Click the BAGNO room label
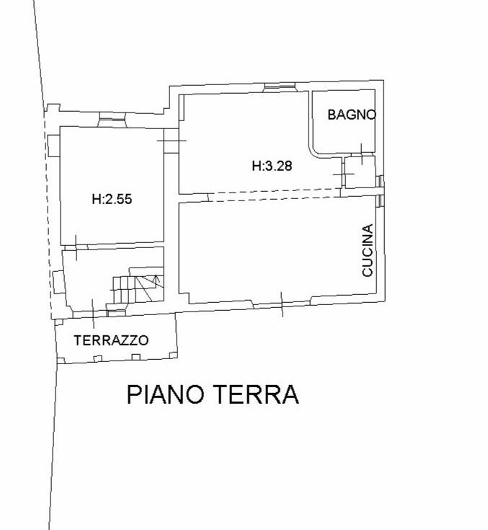[352, 115]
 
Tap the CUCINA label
[368, 250]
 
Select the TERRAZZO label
[111, 340]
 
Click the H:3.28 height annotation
[272, 166]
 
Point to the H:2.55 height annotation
[112, 199]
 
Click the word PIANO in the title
[166, 394]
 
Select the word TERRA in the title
[257, 394]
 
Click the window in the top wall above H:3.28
[279, 87]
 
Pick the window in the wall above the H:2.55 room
[112, 119]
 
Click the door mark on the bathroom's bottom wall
[362, 154]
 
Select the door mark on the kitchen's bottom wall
[282, 304]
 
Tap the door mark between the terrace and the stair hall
[93, 314]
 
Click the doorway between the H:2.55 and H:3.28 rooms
[172, 141]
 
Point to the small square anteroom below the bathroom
[360, 172]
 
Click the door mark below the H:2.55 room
[76, 247]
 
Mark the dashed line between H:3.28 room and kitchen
[275, 195]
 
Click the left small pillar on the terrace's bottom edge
[97, 358]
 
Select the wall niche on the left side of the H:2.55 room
[54, 146]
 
